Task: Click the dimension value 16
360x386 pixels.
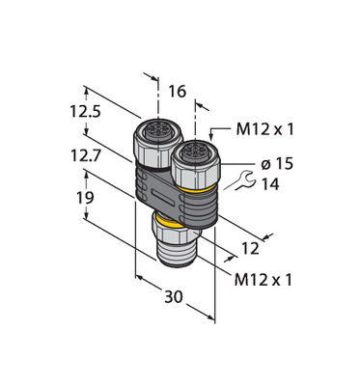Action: pyautogui.click(x=178, y=92)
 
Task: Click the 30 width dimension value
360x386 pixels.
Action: pyautogui.click(x=174, y=296)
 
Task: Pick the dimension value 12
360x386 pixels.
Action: pyautogui.click(x=250, y=249)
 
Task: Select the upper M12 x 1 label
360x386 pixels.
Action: pyautogui.click(x=264, y=129)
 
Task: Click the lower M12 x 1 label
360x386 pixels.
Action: pyautogui.click(x=263, y=280)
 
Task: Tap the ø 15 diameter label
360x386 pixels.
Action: pyautogui.click(x=277, y=164)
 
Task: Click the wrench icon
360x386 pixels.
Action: pyautogui.click(x=244, y=180)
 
